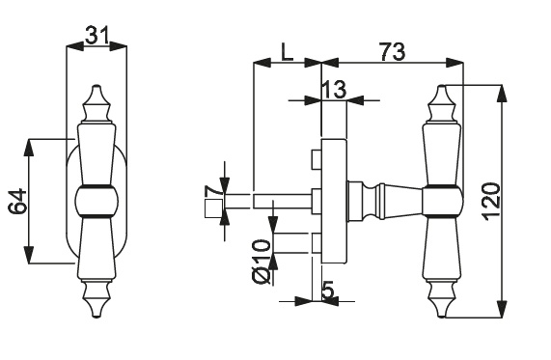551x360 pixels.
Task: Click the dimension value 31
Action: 96,35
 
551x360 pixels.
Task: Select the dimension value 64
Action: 17,201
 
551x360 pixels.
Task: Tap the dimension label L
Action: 288,52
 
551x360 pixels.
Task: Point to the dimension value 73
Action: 392,52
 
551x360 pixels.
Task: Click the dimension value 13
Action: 334,89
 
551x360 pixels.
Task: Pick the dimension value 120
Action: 491,202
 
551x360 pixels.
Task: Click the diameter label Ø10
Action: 262,262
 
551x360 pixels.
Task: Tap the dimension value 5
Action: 327,291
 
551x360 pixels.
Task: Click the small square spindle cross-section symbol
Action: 213,208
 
